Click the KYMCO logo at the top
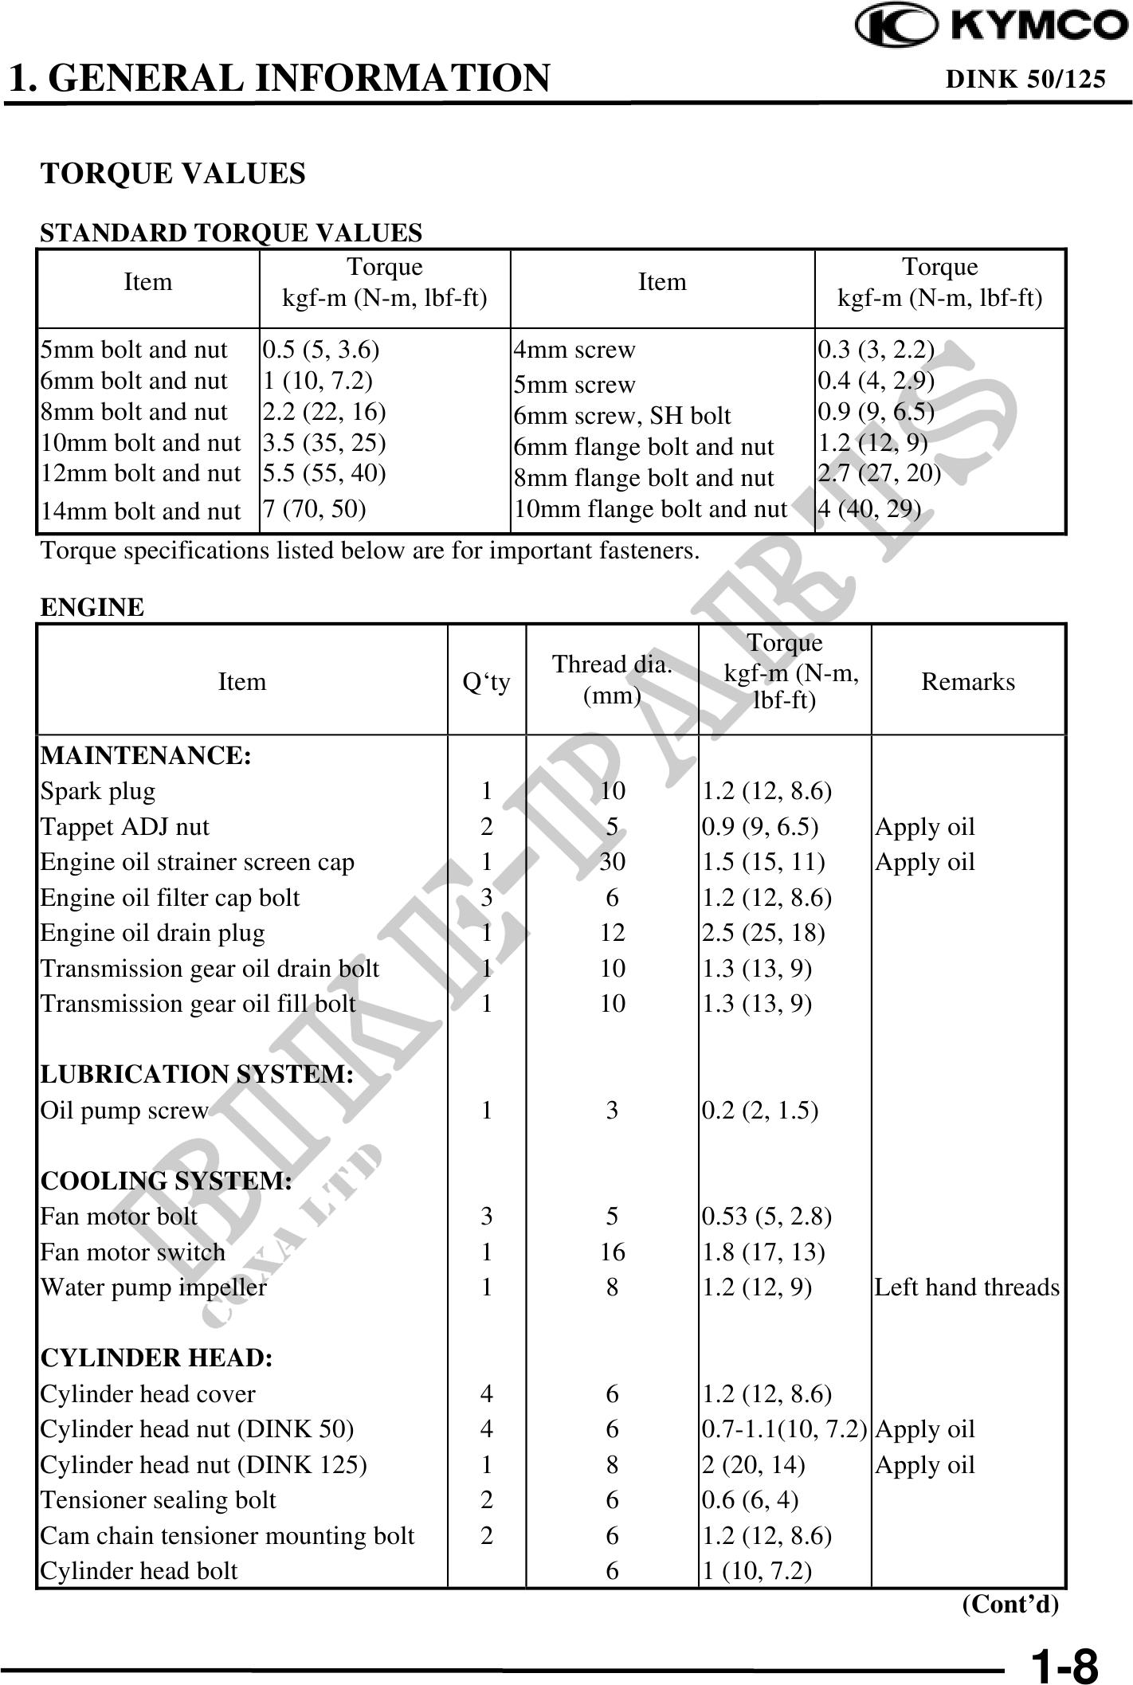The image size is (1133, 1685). [991, 26]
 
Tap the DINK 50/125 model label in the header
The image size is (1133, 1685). [1025, 79]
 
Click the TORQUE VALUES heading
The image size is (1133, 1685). [173, 174]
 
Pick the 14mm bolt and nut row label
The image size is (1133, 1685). [140, 511]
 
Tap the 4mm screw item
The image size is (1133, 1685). [574, 350]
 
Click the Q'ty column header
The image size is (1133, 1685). [486, 682]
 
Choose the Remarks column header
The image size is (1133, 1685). [967, 682]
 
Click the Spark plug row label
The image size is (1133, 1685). [98, 791]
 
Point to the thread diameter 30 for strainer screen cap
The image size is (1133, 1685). [612, 862]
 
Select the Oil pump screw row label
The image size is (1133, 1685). [124, 1111]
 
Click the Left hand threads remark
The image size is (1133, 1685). [966, 1287]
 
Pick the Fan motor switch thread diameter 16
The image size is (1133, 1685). [612, 1252]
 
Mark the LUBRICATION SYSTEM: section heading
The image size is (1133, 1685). [197, 1075]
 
